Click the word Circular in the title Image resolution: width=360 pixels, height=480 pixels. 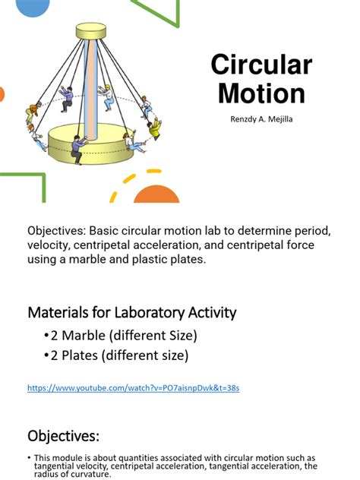[261, 65]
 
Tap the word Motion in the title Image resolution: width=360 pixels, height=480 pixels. [261, 93]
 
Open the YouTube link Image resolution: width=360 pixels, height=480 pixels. [133, 388]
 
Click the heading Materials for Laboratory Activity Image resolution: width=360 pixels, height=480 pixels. [132, 312]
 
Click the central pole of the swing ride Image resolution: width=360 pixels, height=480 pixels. [92, 84]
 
